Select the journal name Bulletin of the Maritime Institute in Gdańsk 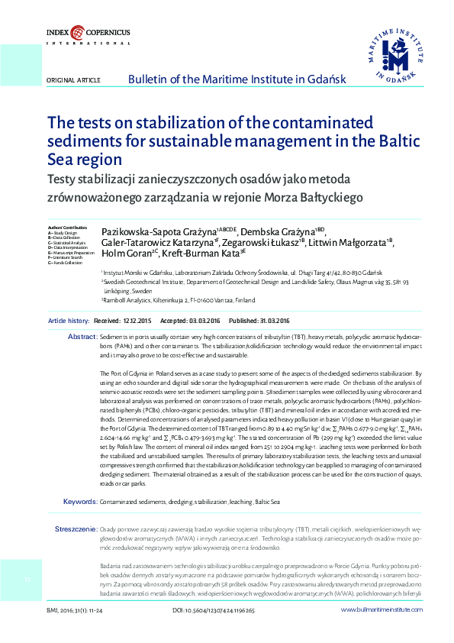click(x=237, y=79)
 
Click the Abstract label click(x=82, y=337)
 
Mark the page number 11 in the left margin click(x=25, y=582)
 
